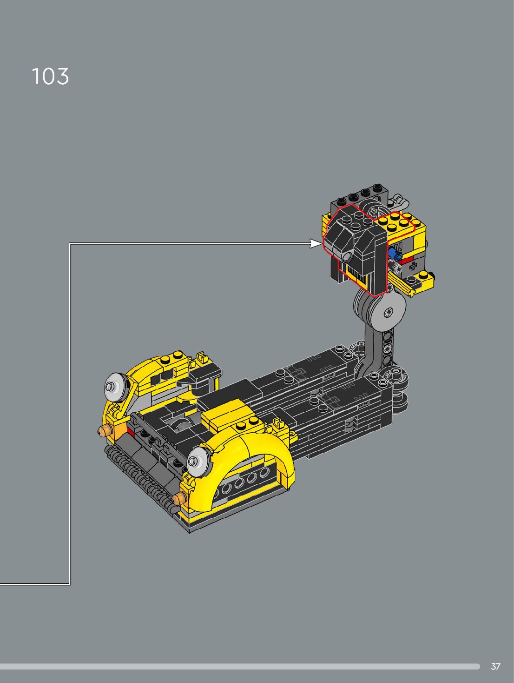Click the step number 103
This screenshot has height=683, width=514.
click(50, 76)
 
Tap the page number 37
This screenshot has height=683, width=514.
click(496, 666)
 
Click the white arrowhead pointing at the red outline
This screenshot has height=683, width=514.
click(316, 244)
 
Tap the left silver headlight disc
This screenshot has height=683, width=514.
click(116, 386)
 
